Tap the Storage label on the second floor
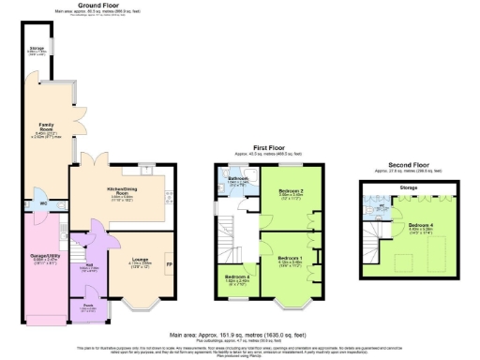pyautogui.click(x=408, y=188)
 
